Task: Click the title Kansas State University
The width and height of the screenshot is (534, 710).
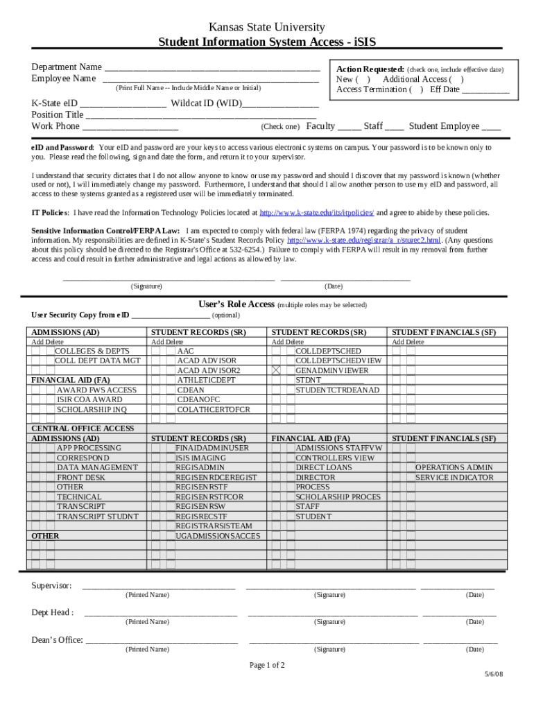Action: coord(267,27)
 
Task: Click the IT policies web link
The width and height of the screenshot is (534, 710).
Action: coord(317,213)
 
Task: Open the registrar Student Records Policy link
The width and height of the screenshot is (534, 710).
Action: coord(364,241)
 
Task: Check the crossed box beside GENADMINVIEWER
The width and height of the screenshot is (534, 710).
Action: coord(276,370)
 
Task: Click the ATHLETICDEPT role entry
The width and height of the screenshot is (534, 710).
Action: coord(206,380)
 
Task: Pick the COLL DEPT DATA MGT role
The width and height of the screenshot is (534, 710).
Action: coord(97,361)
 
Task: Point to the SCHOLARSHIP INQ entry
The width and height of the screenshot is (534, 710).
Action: coord(92,409)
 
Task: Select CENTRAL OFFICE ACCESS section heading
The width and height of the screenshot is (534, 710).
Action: coord(83,428)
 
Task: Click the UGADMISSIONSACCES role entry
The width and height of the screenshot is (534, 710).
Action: coord(218,536)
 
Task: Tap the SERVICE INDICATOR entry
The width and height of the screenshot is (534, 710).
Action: coord(454,477)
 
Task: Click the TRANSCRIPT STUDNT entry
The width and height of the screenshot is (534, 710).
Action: coord(97,517)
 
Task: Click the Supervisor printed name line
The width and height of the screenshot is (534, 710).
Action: coord(159,587)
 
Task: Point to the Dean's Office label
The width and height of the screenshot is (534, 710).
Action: coord(57,640)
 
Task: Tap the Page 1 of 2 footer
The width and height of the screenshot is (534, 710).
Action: coord(267,665)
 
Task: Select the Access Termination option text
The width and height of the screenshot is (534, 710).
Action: coord(372,89)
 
